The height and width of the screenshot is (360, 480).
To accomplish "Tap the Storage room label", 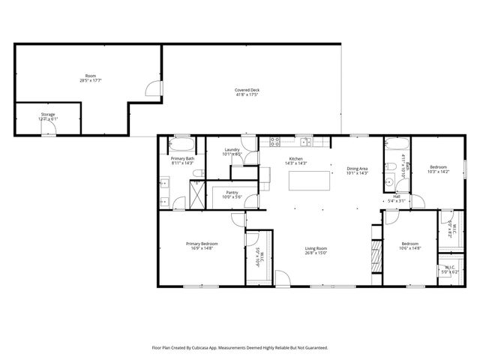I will tap(48, 114).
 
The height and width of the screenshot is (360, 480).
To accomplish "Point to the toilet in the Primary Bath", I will tap(198, 173).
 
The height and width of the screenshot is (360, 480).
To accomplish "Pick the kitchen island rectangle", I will tap(310, 180).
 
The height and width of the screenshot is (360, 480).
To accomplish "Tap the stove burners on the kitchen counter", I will tap(274, 140).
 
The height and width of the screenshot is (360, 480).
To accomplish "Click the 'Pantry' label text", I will tap(232, 192).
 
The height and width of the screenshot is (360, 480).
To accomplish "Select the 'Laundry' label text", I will tap(232, 150).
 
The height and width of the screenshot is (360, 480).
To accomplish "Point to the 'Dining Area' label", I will tap(357, 169).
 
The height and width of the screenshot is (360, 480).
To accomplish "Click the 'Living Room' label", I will tap(316, 248).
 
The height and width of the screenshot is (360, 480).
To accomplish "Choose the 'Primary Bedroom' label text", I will tap(202, 244).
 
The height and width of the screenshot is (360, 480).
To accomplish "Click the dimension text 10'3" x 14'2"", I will tap(438, 172).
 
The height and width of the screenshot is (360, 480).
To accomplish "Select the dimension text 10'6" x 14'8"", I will tap(410, 248).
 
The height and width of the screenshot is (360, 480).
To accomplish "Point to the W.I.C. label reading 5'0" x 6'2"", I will tap(449, 271).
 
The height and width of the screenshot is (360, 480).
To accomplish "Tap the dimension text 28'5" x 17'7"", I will tap(91, 79).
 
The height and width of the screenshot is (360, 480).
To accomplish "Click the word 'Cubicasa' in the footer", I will tap(199, 348).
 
